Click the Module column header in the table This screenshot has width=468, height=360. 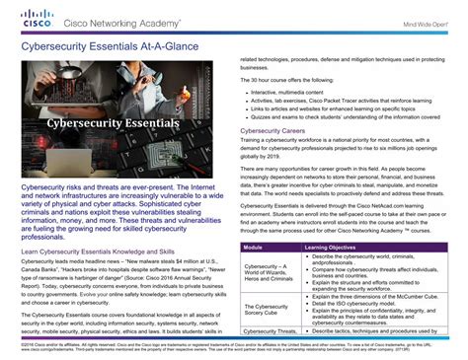(x=254, y=247)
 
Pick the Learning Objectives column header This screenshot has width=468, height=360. (x=333, y=247)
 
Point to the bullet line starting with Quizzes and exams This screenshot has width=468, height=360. (x=345, y=117)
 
